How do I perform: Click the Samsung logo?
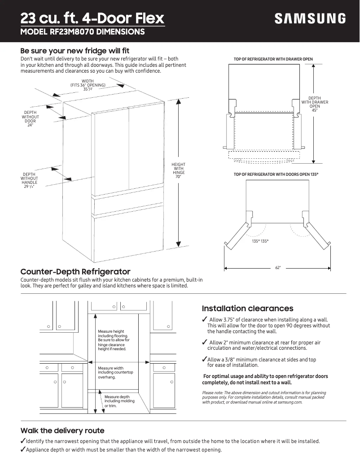310,18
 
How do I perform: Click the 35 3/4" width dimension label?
88,89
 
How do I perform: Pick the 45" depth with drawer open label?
314,110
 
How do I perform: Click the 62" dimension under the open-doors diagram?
278,268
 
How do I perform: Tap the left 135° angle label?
255,241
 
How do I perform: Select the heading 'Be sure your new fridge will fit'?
75,51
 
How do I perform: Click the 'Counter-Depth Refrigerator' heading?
75,272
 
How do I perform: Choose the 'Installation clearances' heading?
247,309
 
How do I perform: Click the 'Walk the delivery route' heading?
62,430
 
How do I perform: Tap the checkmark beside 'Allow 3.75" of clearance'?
205,319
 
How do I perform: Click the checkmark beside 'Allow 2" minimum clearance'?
205,343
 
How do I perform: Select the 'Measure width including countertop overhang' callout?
115,373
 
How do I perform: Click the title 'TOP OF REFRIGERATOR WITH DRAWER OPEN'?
273,59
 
